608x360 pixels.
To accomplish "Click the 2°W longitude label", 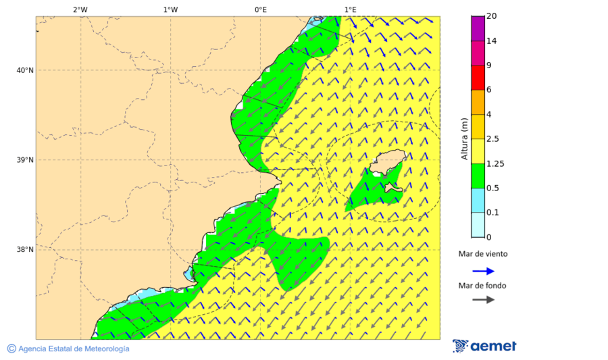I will (80, 9).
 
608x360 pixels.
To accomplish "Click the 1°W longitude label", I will (170, 9).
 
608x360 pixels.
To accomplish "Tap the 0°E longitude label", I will (260, 9).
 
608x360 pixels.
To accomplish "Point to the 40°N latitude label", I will (24, 70).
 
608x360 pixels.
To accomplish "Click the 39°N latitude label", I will (24, 160).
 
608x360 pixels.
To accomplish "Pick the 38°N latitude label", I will (24, 250).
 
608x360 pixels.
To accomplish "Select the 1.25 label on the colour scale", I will (495, 163).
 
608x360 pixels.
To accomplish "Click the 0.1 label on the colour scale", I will (493, 213).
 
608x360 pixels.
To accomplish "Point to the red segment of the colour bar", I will (478, 78).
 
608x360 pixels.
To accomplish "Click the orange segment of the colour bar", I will (478, 102).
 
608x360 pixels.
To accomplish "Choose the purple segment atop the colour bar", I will (478, 28).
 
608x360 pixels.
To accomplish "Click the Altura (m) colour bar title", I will (464, 138).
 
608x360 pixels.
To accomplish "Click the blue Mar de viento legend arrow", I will (483, 271).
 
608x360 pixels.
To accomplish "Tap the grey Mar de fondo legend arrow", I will (483, 300).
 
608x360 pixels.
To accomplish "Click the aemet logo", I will (484, 346).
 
